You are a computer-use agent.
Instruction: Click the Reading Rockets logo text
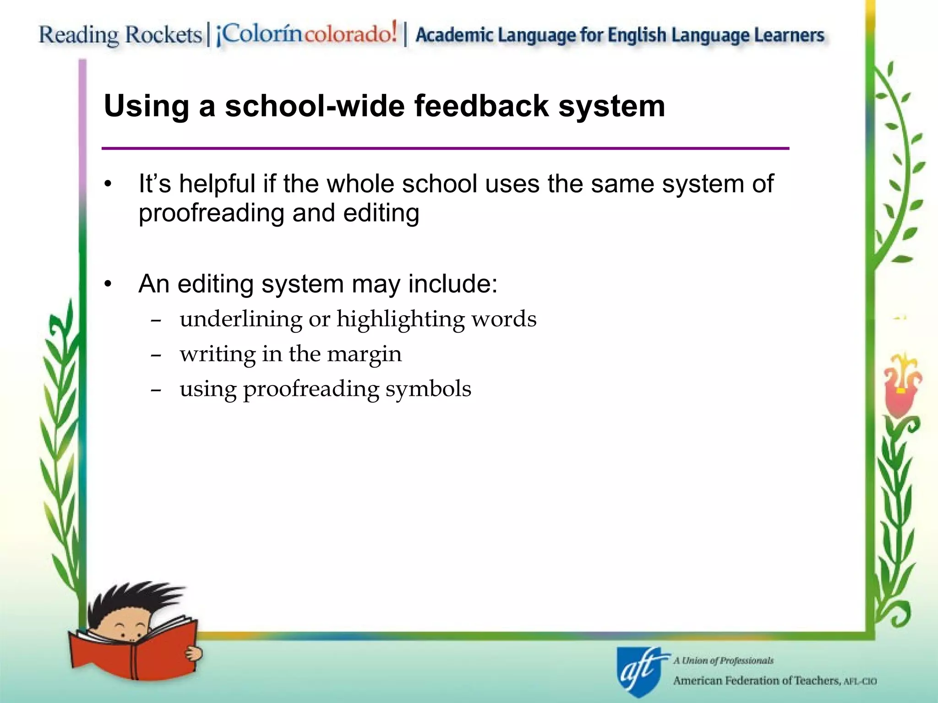point(120,35)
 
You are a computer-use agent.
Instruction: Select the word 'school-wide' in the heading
point(315,106)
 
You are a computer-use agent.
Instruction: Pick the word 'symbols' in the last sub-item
point(428,389)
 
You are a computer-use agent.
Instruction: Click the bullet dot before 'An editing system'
point(108,284)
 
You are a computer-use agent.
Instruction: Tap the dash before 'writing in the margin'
point(156,355)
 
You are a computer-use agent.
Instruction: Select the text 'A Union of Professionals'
point(723,660)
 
